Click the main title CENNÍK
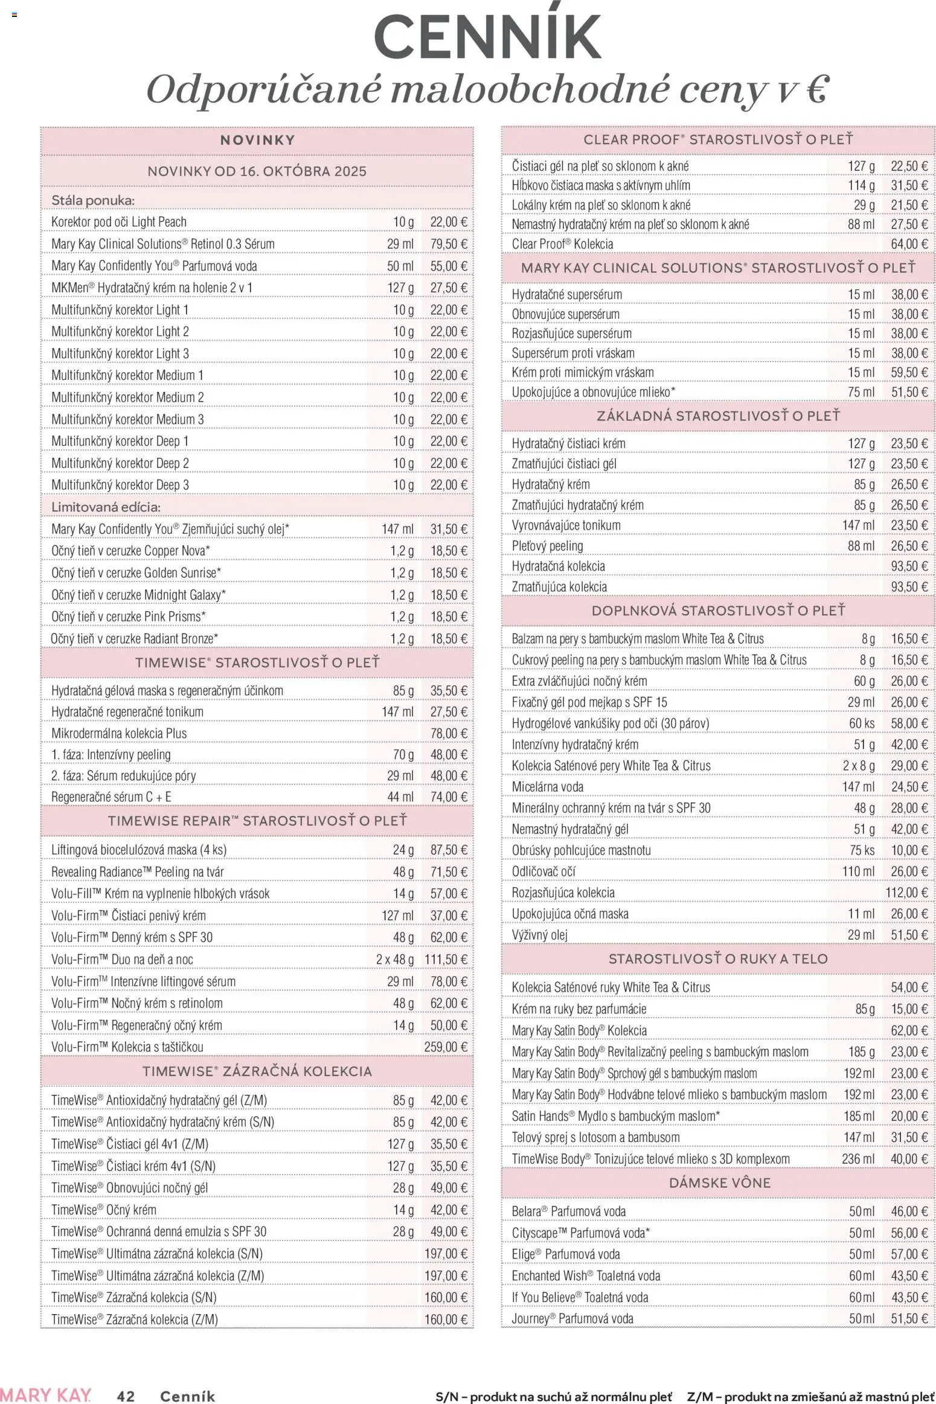(x=487, y=37)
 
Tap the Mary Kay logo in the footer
(x=46, y=1391)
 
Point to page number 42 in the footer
(x=126, y=1391)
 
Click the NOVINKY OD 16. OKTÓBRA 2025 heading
(x=257, y=171)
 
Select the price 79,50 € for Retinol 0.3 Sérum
(x=449, y=244)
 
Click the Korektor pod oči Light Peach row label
(x=119, y=222)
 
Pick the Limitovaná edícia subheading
(x=106, y=507)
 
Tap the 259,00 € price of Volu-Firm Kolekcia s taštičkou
(x=446, y=1047)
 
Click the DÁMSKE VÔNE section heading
(x=720, y=1182)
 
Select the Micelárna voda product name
(x=547, y=786)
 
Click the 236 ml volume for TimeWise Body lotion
(x=857, y=1158)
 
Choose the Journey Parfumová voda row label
(x=572, y=1318)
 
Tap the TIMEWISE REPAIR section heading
(x=257, y=821)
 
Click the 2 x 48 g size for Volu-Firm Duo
(x=395, y=959)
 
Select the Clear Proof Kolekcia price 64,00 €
(x=909, y=244)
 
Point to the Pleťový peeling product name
(x=547, y=546)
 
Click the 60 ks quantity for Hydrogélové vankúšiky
(x=862, y=723)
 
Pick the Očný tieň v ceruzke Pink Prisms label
(x=128, y=617)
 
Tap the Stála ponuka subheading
(x=93, y=200)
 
